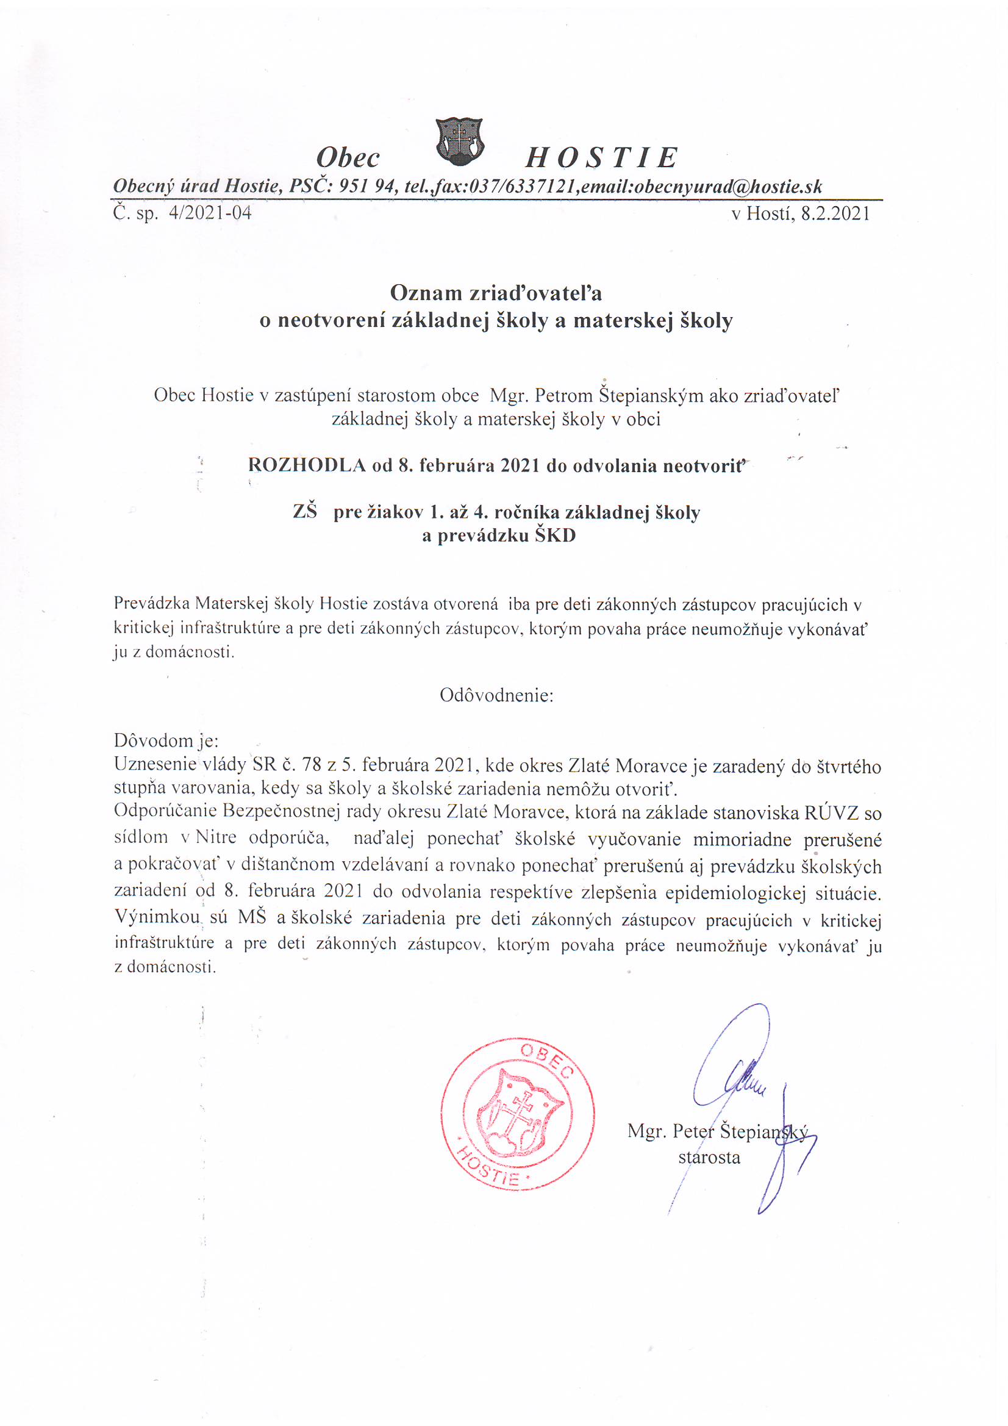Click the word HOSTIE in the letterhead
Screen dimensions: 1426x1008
point(601,158)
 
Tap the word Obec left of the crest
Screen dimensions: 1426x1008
point(348,158)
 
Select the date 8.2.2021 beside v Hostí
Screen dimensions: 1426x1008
point(835,213)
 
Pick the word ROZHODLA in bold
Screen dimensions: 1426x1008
point(306,465)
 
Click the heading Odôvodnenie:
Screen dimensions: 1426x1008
point(496,695)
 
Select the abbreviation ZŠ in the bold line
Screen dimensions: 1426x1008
point(304,512)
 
